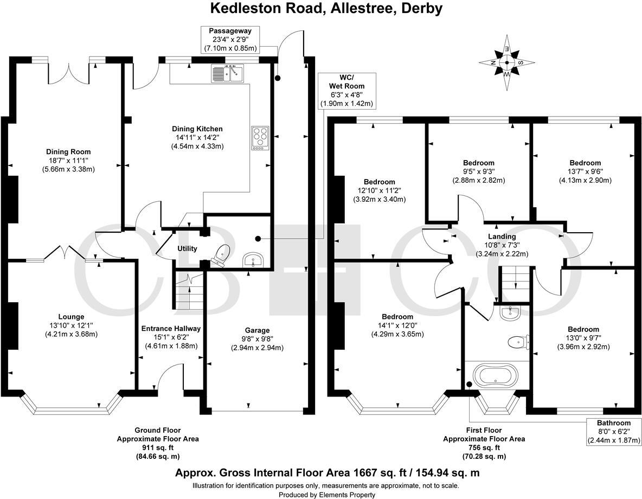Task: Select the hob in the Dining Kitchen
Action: (x=259, y=138)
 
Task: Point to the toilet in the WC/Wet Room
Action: (x=222, y=253)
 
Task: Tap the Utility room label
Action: (x=187, y=248)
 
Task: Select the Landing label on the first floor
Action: (x=502, y=236)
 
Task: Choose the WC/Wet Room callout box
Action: (x=347, y=90)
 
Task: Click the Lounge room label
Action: (x=71, y=317)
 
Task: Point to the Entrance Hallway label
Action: (x=171, y=329)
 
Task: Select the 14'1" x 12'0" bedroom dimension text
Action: (x=397, y=325)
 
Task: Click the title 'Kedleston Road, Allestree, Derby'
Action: (x=326, y=9)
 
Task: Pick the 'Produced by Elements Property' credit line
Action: (x=326, y=495)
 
